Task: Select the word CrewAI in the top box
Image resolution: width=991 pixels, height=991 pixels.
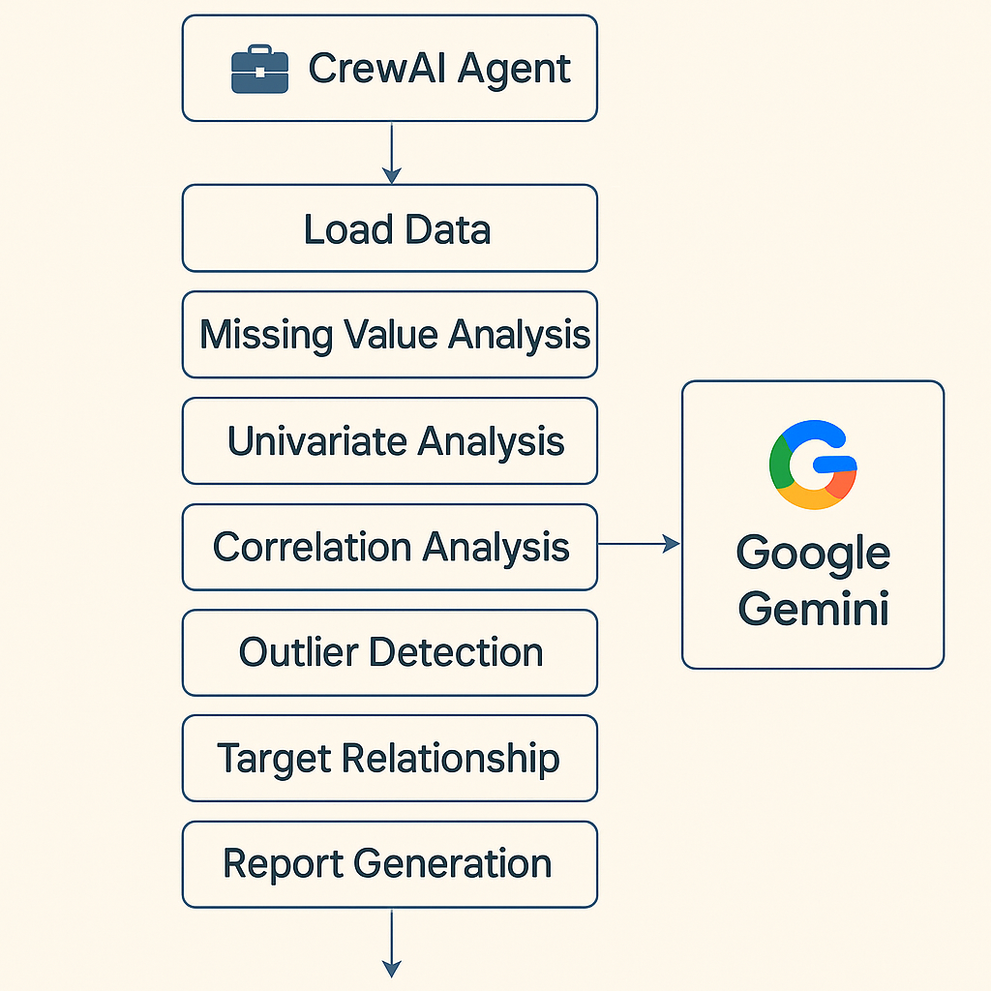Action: point(360,69)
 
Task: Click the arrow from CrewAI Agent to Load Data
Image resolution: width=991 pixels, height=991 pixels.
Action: point(391,153)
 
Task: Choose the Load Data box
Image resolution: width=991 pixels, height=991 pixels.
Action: point(390,228)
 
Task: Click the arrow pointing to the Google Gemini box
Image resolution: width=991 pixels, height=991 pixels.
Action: point(640,545)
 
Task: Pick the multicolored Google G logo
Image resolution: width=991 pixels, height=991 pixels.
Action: point(813,465)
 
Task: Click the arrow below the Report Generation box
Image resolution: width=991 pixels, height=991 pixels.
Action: point(391,944)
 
